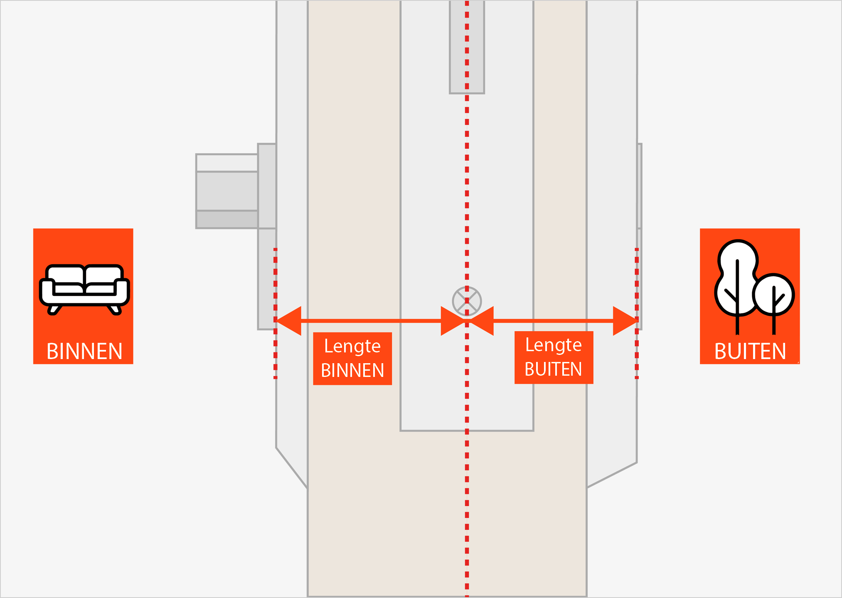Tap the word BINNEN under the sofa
[x=84, y=352]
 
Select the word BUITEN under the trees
[x=750, y=352]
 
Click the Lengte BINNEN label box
[x=352, y=358]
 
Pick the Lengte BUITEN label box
[x=554, y=357]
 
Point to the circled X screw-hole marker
[x=467, y=301]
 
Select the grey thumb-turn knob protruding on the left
[x=227, y=191]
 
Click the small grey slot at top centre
[x=467, y=47]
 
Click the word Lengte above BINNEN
[x=352, y=346]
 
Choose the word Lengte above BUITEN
[x=554, y=345]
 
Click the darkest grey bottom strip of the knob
[x=227, y=219]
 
